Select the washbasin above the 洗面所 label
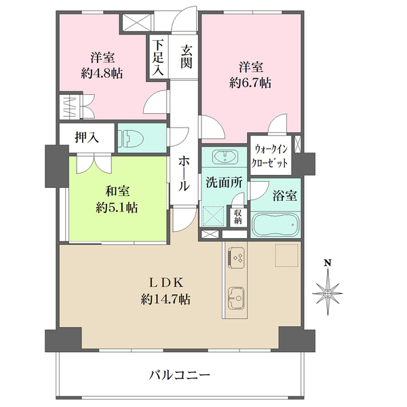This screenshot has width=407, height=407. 225,157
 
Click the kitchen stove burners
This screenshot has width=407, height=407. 236,258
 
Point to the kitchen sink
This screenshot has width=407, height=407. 236,298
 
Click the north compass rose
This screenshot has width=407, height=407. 328,293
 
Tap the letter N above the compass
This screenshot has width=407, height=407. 328,263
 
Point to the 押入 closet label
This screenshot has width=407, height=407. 87,137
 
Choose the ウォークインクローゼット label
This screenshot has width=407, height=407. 271,156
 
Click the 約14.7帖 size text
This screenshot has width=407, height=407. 166,300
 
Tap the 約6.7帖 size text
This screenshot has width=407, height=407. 250,83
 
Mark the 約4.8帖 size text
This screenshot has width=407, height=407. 102,74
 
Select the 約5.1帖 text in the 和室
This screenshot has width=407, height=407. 117,208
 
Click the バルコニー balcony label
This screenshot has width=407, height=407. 180,375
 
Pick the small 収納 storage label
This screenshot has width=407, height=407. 238,216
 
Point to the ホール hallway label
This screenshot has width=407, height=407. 184,174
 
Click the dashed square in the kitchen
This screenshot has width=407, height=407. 286,255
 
